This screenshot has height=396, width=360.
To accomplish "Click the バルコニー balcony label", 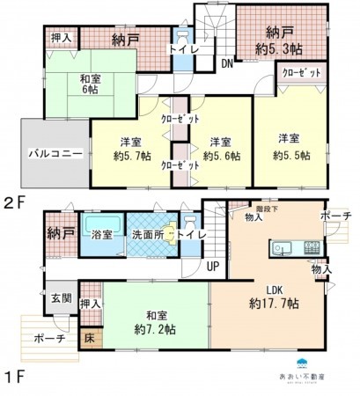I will click(54, 152).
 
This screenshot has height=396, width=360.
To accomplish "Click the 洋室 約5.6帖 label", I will click(220, 149).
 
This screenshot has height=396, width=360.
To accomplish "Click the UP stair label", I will click(213, 265).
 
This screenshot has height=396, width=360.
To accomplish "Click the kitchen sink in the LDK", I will click(283, 246).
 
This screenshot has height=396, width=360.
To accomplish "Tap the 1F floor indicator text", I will click(15, 379).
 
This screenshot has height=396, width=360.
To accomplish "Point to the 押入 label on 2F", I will click(61, 39).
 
